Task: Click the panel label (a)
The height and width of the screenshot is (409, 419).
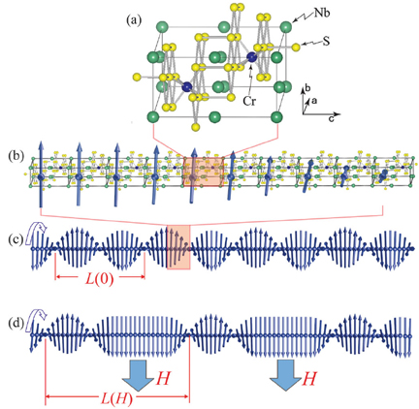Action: coord(134,20)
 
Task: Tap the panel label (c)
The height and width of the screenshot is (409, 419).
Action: coord(15,240)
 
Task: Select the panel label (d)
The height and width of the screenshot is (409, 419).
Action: coord(15,325)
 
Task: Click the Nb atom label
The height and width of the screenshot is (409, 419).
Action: coord(321,13)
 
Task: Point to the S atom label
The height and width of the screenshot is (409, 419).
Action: coord(326,42)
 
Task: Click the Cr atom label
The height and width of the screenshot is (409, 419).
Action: coord(249,102)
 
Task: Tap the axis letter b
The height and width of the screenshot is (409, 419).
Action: coord(308,88)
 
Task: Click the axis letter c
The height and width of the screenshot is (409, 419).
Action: coord(331,119)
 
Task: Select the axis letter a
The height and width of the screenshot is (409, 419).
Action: coord(314,101)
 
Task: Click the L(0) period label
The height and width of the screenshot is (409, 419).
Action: coord(99,280)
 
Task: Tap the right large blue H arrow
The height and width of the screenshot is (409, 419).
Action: coord(286,375)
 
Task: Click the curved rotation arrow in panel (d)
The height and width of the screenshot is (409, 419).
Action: coord(38,315)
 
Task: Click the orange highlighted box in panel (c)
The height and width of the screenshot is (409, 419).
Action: coord(178,247)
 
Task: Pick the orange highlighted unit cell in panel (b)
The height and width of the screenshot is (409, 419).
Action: coord(204,172)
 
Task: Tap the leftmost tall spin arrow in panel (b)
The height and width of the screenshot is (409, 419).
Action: coord(41,173)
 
